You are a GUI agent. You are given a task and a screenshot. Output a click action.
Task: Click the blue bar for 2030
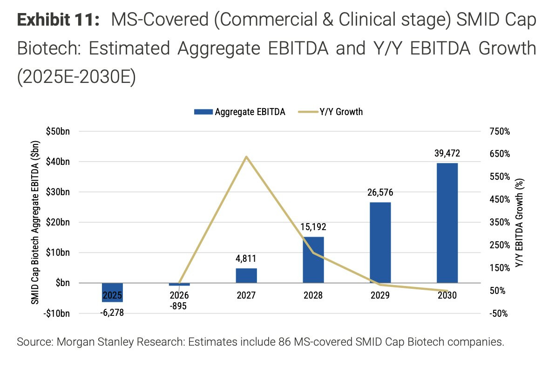447,222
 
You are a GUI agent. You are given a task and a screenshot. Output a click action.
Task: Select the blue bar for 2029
380,242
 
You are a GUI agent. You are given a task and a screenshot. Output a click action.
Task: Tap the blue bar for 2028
313,259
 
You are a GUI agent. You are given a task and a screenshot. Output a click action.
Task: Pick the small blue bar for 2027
246,275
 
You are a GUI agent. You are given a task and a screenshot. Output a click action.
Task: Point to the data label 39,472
447,153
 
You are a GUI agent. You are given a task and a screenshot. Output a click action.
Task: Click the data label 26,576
380,193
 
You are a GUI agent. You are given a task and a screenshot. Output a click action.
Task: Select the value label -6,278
112,313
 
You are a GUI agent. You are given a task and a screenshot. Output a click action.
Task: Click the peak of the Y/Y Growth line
246,157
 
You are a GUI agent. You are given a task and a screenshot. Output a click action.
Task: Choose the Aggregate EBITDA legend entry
239,112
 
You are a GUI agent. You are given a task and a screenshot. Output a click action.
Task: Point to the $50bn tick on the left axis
58,132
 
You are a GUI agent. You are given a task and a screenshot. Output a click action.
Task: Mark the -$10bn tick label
56,313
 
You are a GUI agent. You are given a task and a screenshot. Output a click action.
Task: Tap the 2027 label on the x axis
246,295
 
